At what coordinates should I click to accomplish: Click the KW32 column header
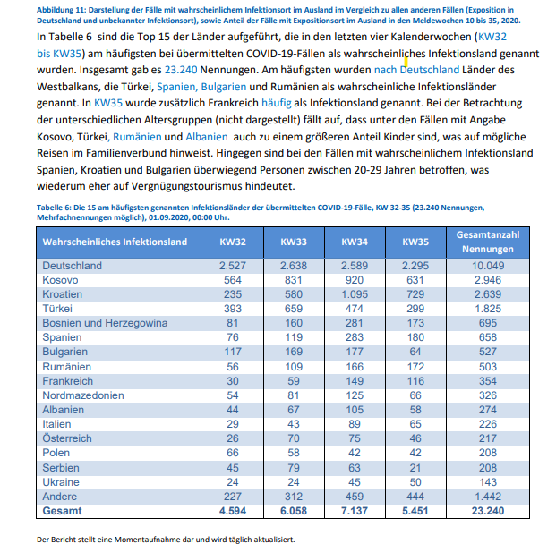[232, 242]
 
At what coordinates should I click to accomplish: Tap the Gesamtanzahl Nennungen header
[487, 242]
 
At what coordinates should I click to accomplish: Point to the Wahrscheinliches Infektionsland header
[115, 242]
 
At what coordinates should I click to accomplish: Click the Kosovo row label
[62, 280]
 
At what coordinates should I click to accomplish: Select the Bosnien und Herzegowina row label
[106, 323]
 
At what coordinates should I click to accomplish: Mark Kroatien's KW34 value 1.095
[355, 294]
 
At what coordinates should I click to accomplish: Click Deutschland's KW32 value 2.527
[232, 266]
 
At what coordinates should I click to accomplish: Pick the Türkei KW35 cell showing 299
[415, 309]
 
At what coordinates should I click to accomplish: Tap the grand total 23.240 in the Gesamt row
[487, 510]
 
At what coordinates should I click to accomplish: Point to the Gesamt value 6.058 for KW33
[293, 510]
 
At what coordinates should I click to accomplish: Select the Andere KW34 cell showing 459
[355, 496]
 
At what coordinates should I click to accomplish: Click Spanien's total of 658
[487, 337]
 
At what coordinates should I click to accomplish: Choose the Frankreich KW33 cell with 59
[293, 380]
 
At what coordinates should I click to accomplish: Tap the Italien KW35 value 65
[415, 423]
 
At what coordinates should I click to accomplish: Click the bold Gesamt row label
[62, 510]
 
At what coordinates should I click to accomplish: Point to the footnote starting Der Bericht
[165, 539]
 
